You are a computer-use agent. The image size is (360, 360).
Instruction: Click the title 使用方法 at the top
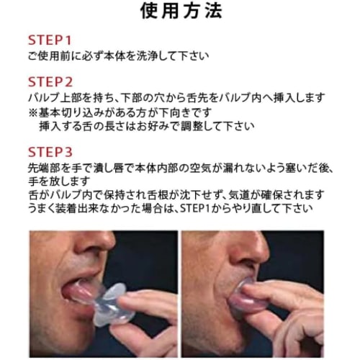point(180,12)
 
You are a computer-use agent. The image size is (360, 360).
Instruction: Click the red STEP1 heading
point(50,40)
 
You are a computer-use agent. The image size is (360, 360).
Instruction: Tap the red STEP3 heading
point(50,152)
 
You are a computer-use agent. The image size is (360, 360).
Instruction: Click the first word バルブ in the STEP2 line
point(40,97)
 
